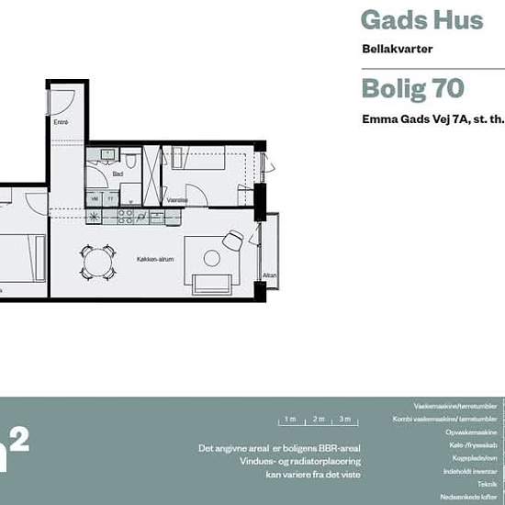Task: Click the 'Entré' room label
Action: click(62, 121)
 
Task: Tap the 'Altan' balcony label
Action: click(270, 275)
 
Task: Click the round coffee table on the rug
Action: click(211, 258)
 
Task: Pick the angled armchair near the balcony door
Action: click(232, 240)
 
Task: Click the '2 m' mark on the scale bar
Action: click(319, 419)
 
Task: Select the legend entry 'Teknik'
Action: click(487, 483)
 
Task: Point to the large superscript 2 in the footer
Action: click(19, 439)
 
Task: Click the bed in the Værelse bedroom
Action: click(208, 165)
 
